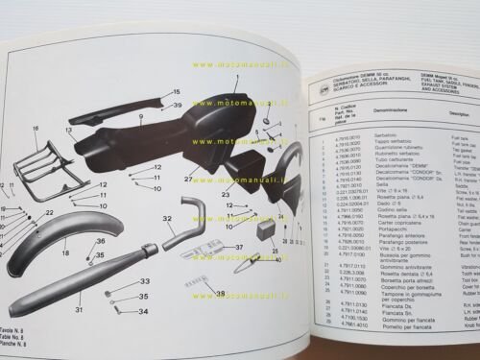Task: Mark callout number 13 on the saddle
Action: click(x=70, y=127)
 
